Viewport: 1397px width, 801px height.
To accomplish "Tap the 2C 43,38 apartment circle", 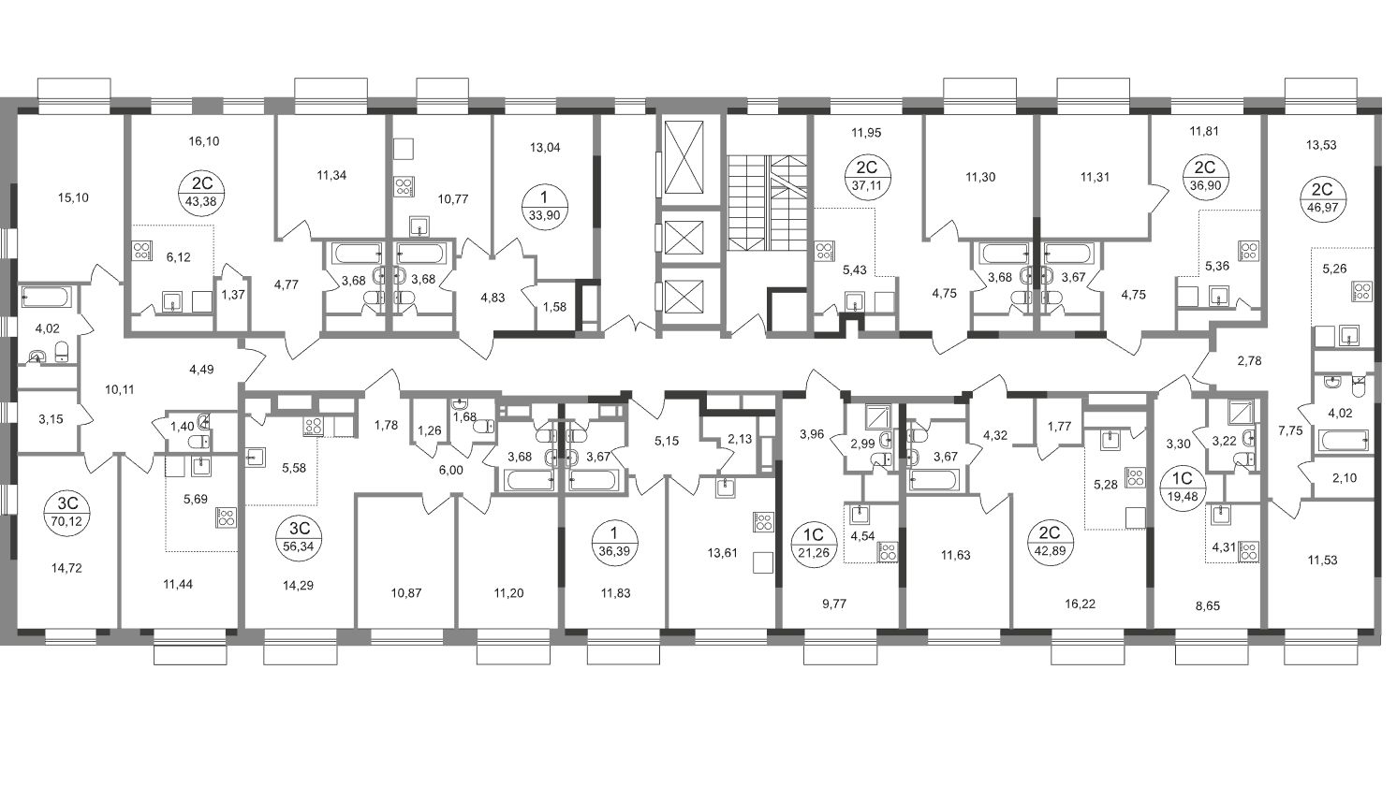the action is [201, 192].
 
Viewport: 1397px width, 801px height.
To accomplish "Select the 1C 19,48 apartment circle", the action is [1184, 487].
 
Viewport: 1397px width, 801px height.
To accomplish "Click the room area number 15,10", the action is [73, 197].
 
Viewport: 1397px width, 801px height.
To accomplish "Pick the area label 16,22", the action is [1080, 604].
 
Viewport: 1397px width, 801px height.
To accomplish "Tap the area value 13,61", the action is [722, 552].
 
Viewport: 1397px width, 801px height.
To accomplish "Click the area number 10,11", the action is [119, 389].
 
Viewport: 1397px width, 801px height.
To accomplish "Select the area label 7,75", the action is [1290, 430].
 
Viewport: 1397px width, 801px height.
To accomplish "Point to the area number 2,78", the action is [1250, 360].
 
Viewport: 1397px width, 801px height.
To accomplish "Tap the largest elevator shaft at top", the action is [684, 158].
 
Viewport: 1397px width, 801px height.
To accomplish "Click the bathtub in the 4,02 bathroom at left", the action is [47, 297].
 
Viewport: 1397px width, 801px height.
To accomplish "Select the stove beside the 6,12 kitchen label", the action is [142, 251].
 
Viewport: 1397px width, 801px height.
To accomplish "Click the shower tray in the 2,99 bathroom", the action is [877, 415].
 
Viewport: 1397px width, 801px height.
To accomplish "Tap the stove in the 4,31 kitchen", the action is [1249, 552].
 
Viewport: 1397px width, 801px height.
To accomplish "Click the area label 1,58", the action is [554, 307].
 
